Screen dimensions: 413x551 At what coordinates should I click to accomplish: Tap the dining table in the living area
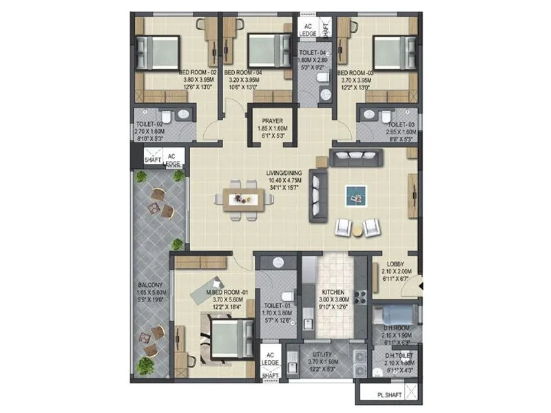pos(243,199)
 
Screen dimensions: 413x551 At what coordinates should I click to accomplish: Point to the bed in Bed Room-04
pos(265,50)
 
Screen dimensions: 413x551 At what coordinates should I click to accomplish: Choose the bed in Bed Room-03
pos(391,52)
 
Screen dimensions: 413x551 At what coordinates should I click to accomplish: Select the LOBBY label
pos(395,264)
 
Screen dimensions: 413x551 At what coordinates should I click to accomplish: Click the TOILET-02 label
pos(149,125)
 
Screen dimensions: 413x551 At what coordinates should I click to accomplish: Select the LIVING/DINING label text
pos(286,173)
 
